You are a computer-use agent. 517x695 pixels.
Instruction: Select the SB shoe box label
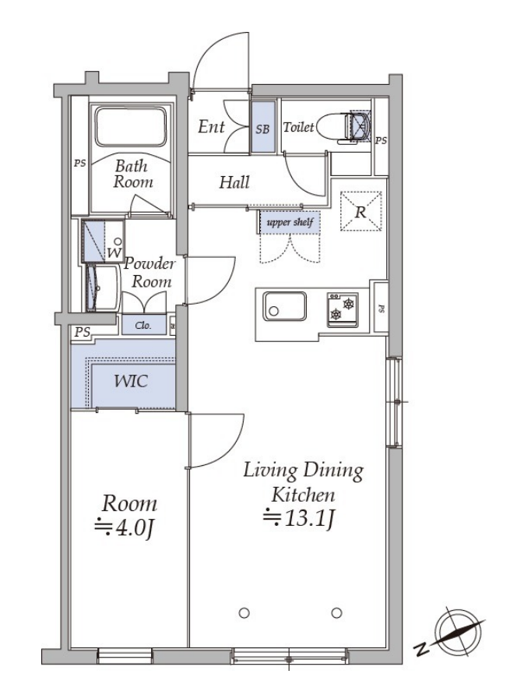(262, 129)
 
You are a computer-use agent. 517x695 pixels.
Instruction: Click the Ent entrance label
(211, 127)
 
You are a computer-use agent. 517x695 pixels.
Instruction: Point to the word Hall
(234, 182)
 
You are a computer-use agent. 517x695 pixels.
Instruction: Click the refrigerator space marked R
(360, 211)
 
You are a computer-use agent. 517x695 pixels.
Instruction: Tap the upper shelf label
(290, 222)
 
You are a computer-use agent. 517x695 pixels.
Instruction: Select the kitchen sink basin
(284, 306)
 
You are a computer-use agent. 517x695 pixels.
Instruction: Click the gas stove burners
(343, 309)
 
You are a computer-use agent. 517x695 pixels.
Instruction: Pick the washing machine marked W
(103, 242)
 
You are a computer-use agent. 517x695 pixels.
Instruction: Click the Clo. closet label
(143, 326)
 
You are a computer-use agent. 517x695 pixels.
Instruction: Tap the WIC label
(131, 381)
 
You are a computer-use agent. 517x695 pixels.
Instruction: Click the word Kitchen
(303, 494)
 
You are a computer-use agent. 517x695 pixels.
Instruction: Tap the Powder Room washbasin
(103, 288)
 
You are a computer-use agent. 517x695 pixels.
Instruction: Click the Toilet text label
(298, 127)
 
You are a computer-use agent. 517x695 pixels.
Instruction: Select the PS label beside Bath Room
(79, 164)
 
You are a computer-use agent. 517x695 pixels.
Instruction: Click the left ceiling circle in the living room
(244, 613)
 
